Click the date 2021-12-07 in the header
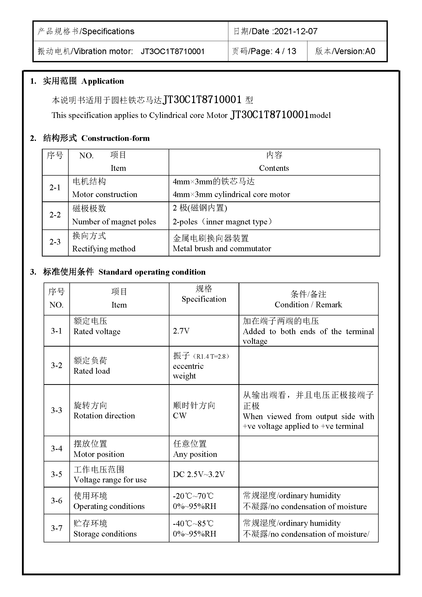pyautogui.click(x=296, y=31)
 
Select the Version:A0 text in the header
pyautogui.click(x=354, y=51)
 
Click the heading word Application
pyautogui.click(x=103, y=81)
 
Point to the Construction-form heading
pyautogui.click(x=115, y=138)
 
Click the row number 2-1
pyautogui.click(x=55, y=188)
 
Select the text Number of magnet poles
pyautogui.click(x=114, y=222)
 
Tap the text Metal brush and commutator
pyautogui.click(x=222, y=249)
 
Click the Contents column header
pyautogui.click(x=274, y=168)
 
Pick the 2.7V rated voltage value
pyautogui.click(x=181, y=331)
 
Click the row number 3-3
pyautogui.click(x=56, y=410)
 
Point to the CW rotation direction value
pyautogui.click(x=180, y=416)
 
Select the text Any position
pyautogui.click(x=195, y=454)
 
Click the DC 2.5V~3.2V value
pyautogui.click(x=199, y=474)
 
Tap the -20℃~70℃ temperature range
pyautogui.click(x=193, y=496)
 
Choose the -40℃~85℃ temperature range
pyautogui.click(x=193, y=523)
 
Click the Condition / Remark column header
pyautogui.click(x=308, y=304)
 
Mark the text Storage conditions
pyautogui.click(x=105, y=533)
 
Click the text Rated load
pyautogui.click(x=92, y=371)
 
